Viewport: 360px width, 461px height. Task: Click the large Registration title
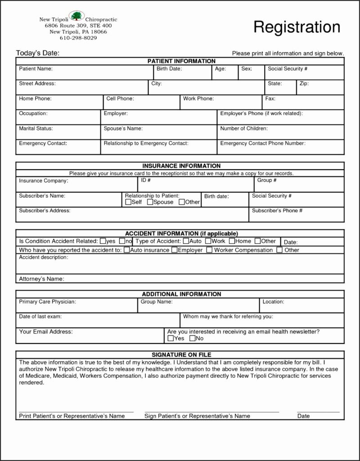(x=297, y=27)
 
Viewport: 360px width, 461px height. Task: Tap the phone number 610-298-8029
(x=78, y=38)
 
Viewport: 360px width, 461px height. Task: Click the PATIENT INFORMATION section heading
(x=181, y=61)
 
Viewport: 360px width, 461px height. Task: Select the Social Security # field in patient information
(x=287, y=69)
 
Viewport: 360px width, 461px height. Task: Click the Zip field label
(x=304, y=84)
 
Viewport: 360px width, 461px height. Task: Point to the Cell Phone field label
(x=120, y=98)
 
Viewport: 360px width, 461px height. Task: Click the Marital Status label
(x=36, y=128)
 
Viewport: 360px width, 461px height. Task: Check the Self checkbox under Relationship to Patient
(x=128, y=202)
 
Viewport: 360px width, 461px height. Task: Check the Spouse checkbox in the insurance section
(x=150, y=202)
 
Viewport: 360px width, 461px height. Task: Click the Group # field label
(x=266, y=180)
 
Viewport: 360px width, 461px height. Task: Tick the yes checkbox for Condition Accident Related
(x=103, y=241)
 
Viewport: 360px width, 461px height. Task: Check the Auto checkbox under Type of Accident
(x=186, y=241)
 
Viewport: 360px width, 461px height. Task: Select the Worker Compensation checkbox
(x=209, y=250)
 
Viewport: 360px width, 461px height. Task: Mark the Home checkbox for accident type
(x=232, y=241)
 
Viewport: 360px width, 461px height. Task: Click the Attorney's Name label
(x=41, y=279)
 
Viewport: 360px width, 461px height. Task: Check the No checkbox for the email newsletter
(x=192, y=338)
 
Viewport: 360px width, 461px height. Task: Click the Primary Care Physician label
(x=47, y=302)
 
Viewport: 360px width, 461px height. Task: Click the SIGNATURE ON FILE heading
(x=181, y=355)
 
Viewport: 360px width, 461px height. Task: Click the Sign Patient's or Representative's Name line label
(x=197, y=416)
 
